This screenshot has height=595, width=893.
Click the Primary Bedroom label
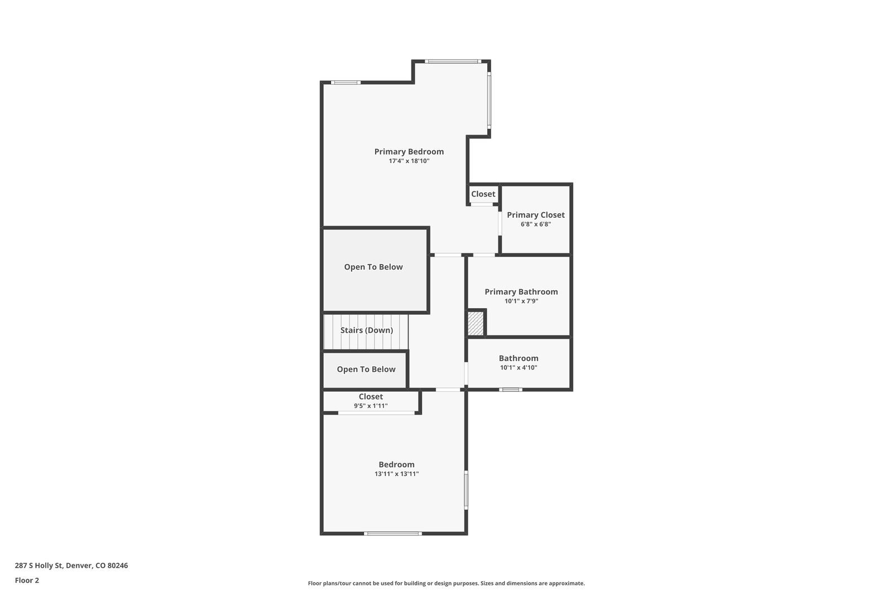point(409,152)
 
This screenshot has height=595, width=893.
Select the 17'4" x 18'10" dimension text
point(409,161)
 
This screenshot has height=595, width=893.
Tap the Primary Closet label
point(535,215)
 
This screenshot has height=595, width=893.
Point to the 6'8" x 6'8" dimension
point(535,224)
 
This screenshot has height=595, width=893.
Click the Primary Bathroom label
point(521,292)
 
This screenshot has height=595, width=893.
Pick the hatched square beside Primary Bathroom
point(475,323)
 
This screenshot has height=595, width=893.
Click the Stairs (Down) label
point(366,330)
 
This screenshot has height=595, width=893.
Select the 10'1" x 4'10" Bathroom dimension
point(518,368)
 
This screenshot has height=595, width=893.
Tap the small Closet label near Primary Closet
point(483,194)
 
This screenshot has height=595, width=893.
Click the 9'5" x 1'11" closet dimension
point(371,406)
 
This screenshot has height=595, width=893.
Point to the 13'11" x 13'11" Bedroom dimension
point(396,474)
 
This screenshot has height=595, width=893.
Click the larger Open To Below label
point(373,267)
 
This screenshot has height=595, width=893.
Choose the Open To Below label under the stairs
point(366,370)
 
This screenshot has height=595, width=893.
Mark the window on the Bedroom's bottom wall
point(392,533)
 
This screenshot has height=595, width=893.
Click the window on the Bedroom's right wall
point(466,490)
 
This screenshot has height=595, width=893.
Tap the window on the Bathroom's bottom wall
point(510,390)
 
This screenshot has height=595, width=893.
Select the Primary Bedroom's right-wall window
point(489,100)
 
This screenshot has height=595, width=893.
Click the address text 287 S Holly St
point(39,565)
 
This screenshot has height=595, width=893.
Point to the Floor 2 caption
point(27,580)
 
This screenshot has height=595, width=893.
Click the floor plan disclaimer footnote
point(446,583)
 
